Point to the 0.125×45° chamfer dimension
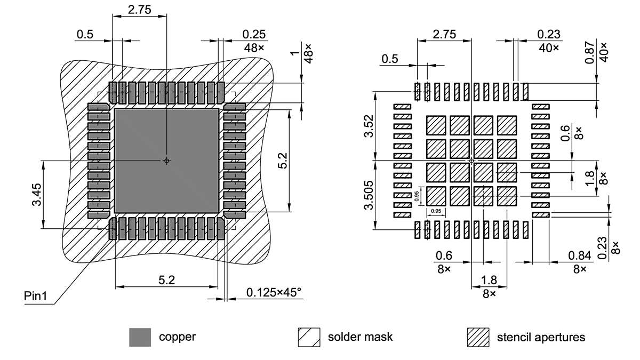coord(274,292)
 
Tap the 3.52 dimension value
coord(369,126)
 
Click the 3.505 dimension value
coord(369,195)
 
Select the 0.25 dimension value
coord(254,35)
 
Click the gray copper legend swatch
coord(140,337)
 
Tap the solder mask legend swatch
coord(309,337)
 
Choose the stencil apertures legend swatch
coord(478,337)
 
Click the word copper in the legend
coord(177,337)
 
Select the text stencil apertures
coord(541,337)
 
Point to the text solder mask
coord(360,337)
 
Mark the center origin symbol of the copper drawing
coord(167,161)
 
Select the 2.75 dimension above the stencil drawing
coord(444,34)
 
